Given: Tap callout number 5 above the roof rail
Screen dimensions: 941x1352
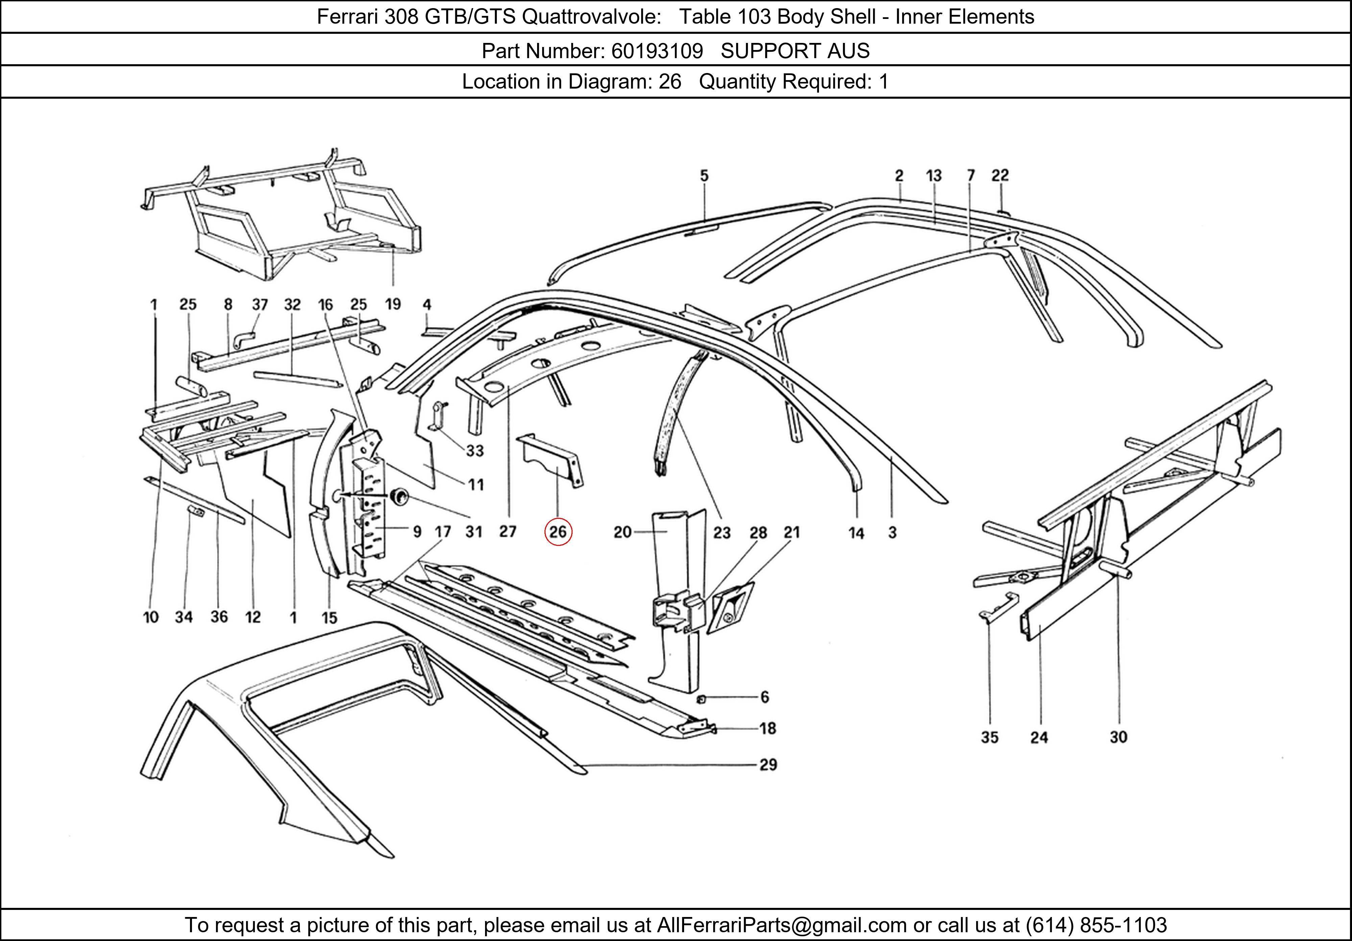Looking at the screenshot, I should pos(704,175).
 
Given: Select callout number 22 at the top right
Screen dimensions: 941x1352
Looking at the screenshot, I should pos(1000,175).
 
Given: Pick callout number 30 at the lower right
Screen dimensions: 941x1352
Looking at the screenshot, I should pos(1118,737).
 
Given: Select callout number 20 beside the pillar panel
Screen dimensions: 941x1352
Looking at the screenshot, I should pos(622,532).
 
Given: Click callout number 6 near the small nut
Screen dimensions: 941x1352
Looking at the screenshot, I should pos(764,697).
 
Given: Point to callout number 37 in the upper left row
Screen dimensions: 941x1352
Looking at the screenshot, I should pos(260,305).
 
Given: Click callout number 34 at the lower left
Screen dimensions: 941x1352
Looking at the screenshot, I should pos(184,617).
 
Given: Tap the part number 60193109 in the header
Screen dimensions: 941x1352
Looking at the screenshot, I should pos(657,51).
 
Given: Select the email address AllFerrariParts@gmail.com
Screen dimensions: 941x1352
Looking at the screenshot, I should pos(781,925).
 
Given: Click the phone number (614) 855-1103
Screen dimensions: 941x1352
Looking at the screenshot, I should pos(1096,925).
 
